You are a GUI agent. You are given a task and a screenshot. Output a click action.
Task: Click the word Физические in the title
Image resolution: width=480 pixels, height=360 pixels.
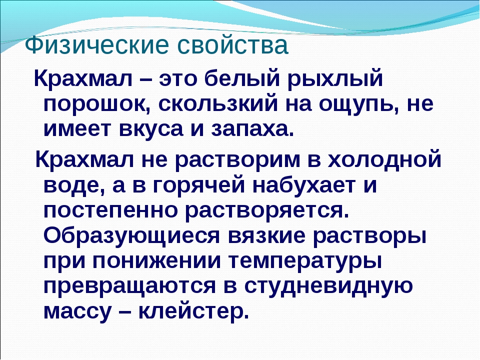96,45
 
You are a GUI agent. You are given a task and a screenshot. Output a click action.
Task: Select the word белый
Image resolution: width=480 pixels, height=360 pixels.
241,79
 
